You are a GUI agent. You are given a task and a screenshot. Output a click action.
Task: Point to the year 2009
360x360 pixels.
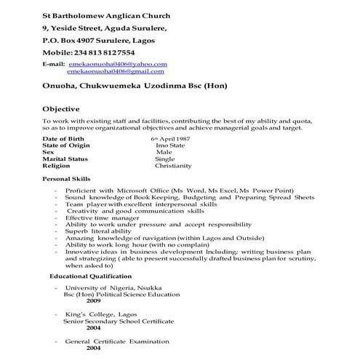tap(93, 300)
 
